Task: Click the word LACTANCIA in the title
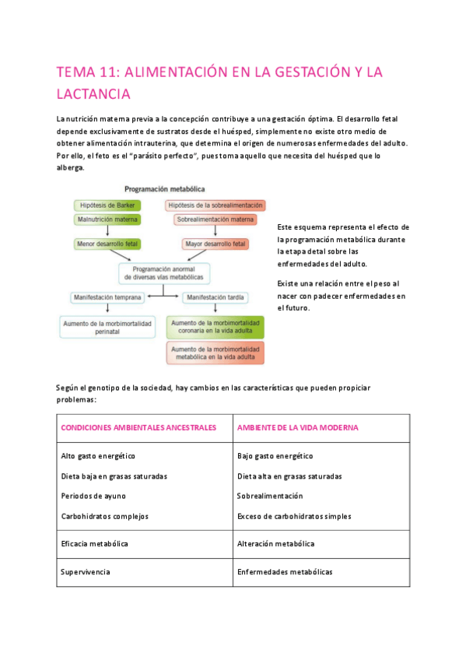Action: (x=93, y=94)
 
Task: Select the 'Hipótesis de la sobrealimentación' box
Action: (x=215, y=205)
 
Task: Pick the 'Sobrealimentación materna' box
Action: (x=215, y=220)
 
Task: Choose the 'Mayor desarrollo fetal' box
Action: (x=215, y=244)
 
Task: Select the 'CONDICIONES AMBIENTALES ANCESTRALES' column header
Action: (x=138, y=428)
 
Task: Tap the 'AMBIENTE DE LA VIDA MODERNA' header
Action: (x=297, y=428)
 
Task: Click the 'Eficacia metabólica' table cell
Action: (x=94, y=543)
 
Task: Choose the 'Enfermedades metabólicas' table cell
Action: (x=285, y=572)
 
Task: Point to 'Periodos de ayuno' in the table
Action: (x=93, y=496)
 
